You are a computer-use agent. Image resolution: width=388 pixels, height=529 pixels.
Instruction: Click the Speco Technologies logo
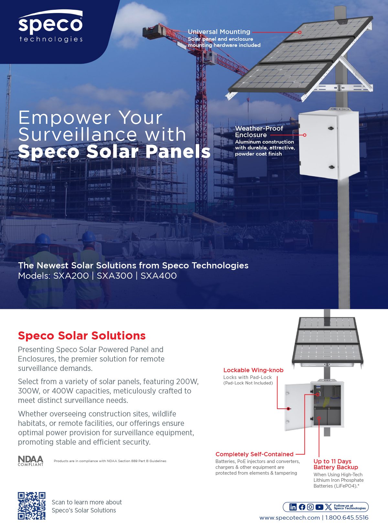(x=50, y=26)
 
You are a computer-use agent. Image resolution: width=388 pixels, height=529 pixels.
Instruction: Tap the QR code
(x=32, y=506)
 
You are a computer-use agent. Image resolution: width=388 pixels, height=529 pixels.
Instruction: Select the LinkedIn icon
(x=293, y=507)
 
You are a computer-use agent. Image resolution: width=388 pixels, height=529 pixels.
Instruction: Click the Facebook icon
(x=302, y=507)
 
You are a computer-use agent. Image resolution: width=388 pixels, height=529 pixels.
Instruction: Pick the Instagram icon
(x=310, y=507)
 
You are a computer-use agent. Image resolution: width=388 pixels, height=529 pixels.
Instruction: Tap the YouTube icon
(x=319, y=507)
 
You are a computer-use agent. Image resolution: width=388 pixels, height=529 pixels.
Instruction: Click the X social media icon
(x=328, y=507)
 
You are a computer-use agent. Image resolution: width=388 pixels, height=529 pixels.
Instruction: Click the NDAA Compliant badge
(x=31, y=461)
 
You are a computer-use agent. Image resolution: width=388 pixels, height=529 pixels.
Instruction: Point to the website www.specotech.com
(x=289, y=518)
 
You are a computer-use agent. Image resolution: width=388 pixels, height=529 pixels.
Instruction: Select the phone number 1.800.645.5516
(x=347, y=518)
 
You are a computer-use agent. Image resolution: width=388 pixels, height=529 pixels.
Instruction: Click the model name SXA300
(x=114, y=276)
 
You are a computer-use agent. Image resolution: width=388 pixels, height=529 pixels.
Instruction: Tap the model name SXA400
(x=159, y=276)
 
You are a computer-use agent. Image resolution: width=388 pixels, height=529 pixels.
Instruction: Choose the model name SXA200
(x=71, y=276)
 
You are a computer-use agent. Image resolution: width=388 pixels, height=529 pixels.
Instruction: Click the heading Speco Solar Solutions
(x=82, y=336)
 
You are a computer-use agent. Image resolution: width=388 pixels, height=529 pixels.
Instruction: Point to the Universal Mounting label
(x=219, y=32)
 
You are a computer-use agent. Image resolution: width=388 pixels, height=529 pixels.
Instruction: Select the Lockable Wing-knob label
(x=253, y=370)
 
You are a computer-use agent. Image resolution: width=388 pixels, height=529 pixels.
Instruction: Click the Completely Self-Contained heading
(x=254, y=454)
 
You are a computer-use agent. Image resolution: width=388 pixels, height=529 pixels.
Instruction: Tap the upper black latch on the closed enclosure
(x=331, y=128)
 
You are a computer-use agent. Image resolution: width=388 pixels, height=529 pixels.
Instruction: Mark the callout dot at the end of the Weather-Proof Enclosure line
(x=305, y=135)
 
